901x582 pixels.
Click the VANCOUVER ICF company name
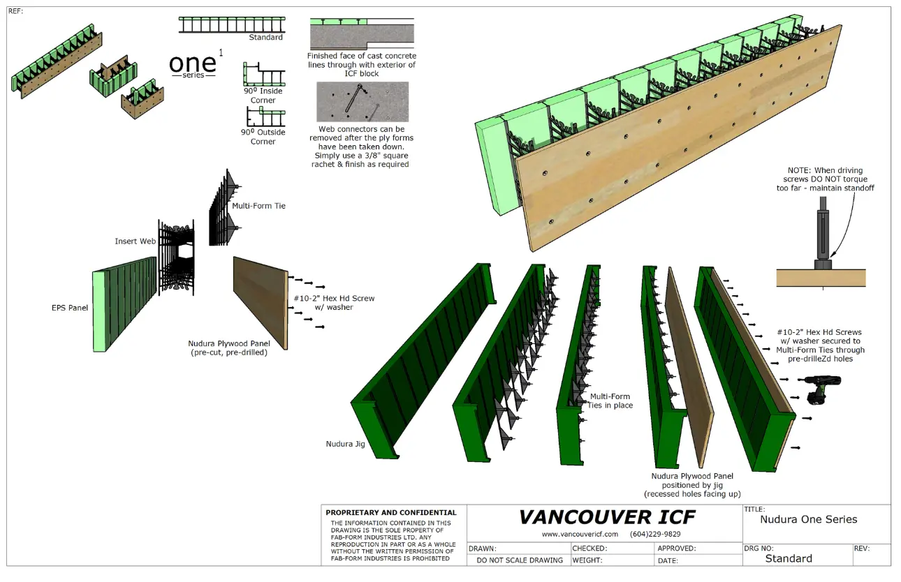tap(607, 517)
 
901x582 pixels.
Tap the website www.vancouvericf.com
tap(580, 534)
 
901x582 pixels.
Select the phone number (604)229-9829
tap(655, 534)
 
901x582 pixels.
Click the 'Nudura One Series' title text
tap(809, 519)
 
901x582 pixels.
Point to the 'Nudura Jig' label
tap(345, 444)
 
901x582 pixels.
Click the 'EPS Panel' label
tap(70, 308)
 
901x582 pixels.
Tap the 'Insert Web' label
tap(135, 241)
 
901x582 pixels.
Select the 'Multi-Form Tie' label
tap(258, 206)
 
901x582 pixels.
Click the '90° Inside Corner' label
tap(263, 96)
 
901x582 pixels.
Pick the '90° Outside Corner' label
tap(263, 137)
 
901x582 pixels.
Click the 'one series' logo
tap(193, 65)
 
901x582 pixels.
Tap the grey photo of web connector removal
tap(362, 102)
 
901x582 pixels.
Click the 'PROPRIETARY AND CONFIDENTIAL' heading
tap(391, 513)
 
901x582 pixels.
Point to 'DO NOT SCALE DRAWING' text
tap(520, 560)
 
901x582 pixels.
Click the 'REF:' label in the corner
tap(15, 11)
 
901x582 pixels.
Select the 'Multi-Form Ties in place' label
tap(610, 401)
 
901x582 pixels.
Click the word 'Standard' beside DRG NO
tap(789, 559)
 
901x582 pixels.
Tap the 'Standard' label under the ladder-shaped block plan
tap(265, 38)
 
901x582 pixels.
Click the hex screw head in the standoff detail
tap(823, 264)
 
